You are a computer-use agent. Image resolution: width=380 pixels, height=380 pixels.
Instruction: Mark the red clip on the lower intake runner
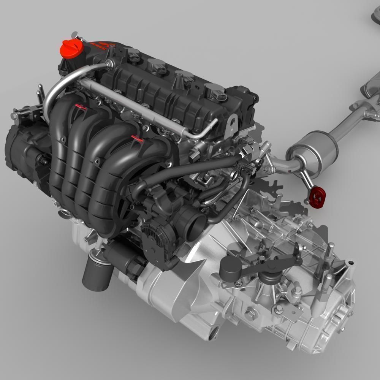tap(137, 138)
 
